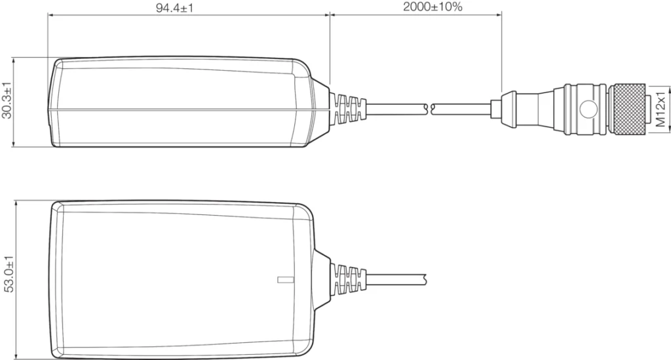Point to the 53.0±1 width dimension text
click(7, 279)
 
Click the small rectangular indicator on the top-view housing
click(283, 280)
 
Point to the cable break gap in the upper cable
click(429, 106)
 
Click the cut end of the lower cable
click(426, 279)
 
